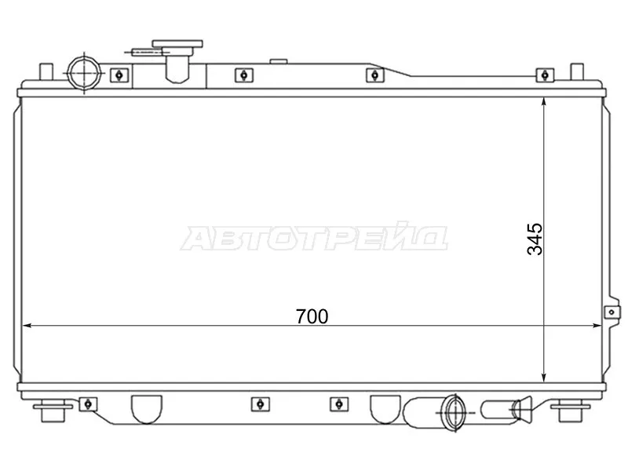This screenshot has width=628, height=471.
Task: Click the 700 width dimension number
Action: click(x=312, y=316)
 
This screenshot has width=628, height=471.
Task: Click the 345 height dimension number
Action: click(x=535, y=239)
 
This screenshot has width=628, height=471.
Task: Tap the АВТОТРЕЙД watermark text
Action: click(x=314, y=238)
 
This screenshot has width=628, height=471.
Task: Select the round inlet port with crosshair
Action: click(x=82, y=73)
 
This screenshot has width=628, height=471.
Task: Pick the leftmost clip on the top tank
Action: click(x=117, y=75)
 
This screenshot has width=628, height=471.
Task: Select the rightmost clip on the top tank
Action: click(x=542, y=75)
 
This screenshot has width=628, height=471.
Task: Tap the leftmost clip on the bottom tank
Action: click(x=89, y=403)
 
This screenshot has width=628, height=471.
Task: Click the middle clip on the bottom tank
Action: click(x=256, y=403)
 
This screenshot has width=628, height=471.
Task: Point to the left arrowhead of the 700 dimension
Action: click(x=27, y=326)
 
